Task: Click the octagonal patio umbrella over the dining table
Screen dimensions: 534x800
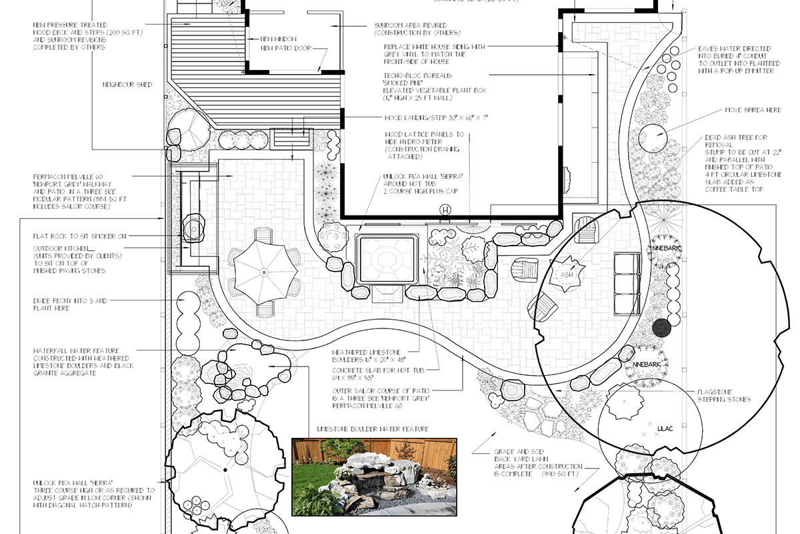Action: tap(263, 272)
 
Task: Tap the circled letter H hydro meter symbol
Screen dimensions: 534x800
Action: tap(445, 211)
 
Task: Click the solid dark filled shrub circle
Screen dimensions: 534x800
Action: tap(661, 327)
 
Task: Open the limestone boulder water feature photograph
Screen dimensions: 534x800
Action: tap(374, 477)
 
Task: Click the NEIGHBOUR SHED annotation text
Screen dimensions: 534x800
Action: tap(127, 85)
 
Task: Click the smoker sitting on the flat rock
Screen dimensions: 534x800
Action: tap(193, 227)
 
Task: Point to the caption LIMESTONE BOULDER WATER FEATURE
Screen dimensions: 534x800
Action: tap(373, 429)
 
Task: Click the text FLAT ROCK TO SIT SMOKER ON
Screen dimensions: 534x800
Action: tap(80, 236)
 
